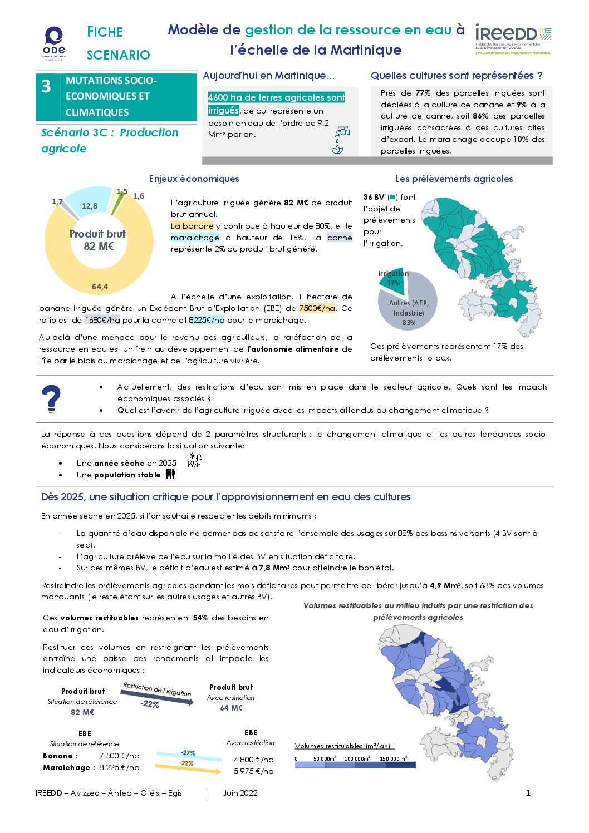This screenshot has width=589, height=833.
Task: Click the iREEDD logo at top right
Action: pyautogui.click(x=513, y=38)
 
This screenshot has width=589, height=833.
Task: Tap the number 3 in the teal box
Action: pyautogui.click(x=46, y=86)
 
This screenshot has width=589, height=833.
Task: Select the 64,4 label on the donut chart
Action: pyautogui.click(x=100, y=287)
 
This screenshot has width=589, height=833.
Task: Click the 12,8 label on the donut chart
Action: pyautogui.click(x=89, y=206)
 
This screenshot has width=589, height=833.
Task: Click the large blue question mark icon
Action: pyautogui.click(x=51, y=398)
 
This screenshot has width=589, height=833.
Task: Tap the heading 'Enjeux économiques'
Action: pyautogui.click(x=194, y=179)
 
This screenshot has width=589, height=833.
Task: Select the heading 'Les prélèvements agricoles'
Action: pyautogui.click(x=454, y=179)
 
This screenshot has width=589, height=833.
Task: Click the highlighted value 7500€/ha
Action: pyautogui.click(x=317, y=308)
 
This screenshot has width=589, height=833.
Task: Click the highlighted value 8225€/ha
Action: pyautogui.click(x=207, y=320)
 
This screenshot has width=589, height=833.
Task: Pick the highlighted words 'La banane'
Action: pyautogui.click(x=192, y=226)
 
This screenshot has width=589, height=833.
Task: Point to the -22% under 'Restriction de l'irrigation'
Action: pyautogui.click(x=150, y=704)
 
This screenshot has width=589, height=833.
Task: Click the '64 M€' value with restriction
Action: pyautogui.click(x=231, y=708)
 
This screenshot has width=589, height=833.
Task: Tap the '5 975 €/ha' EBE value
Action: pyautogui.click(x=253, y=771)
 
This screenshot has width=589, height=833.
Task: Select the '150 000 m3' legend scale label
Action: pyautogui.click(x=393, y=758)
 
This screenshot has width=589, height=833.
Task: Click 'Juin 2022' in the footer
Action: pyautogui.click(x=240, y=793)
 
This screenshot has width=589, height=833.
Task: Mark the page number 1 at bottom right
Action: pyautogui.click(x=528, y=793)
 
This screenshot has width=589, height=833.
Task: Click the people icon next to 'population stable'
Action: pyautogui.click(x=170, y=474)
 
